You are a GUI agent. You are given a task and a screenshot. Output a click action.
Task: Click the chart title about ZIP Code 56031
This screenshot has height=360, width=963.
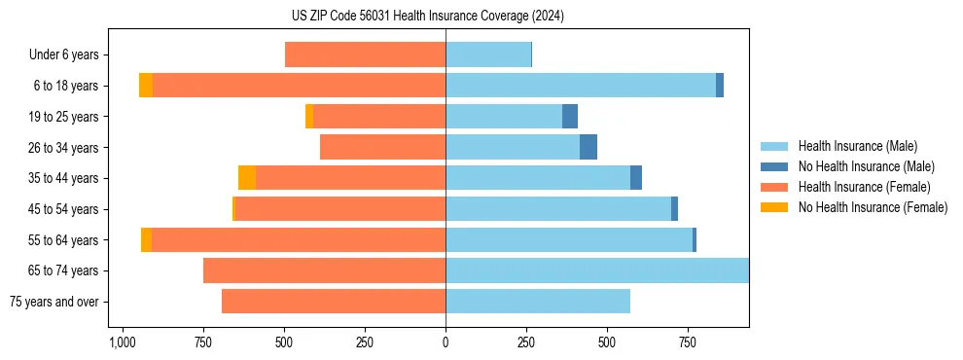[427, 16]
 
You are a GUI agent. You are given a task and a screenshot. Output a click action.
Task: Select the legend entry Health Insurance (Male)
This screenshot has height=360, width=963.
[857, 146]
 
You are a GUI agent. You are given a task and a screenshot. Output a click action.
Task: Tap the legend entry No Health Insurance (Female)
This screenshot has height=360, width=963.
[873, 207]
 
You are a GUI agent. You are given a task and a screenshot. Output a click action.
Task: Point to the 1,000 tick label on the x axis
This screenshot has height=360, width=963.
[123, 342]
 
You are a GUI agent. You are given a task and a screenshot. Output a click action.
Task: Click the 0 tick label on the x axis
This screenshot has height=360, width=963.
[446, 342]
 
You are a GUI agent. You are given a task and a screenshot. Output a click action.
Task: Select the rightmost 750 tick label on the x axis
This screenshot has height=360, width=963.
[688, 342]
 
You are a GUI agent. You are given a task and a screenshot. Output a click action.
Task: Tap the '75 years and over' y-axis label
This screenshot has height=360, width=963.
[53, 302]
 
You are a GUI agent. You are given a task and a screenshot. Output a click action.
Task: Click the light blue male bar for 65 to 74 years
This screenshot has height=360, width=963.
[597, 270]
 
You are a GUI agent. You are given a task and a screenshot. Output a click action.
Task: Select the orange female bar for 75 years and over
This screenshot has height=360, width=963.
[334, 302]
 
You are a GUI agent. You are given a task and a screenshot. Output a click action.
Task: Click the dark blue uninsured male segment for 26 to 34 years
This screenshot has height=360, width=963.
[588, 148]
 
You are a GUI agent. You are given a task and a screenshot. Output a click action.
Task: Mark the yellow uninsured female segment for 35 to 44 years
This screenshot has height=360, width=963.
[247, 178]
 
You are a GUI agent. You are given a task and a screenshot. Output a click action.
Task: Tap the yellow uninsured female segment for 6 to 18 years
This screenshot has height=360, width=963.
[146, 86]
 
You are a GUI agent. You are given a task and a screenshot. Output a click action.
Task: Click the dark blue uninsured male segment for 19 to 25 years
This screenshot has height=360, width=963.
[570, 117]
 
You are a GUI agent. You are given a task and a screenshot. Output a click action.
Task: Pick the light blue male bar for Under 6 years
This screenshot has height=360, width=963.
[488, 55]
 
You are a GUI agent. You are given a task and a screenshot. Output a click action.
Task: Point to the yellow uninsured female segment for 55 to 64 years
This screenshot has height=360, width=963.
[146, 240]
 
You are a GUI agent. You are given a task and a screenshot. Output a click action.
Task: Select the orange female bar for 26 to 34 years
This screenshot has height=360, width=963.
[382, 148]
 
